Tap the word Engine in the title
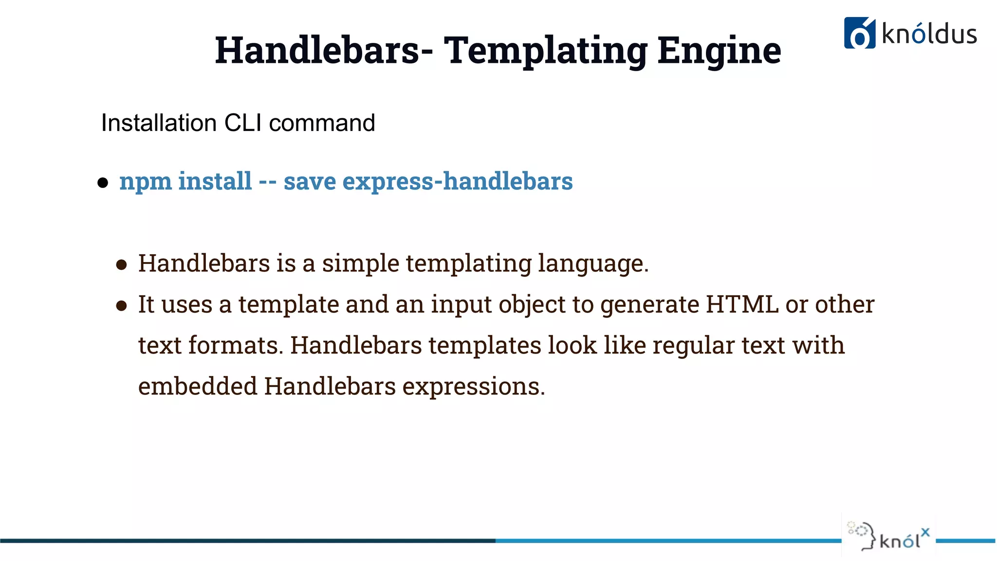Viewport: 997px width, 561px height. [x=719, y=51]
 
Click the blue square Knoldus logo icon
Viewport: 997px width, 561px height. [x=859, y=33]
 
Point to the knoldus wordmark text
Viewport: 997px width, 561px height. [x=929, y=34]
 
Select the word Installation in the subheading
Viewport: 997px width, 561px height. [x=159, y=123]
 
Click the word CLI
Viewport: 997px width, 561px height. [x=243, y=123]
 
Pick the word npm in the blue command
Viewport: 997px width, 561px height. [x=145, y=182]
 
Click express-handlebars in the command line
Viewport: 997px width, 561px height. [x=458, y=182]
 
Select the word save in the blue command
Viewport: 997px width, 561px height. [x=310, y=182]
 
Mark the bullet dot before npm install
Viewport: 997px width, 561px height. [x=103, y=183]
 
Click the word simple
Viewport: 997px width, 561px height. [x=360, y=264]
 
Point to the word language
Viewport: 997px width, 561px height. [x=592, y=264]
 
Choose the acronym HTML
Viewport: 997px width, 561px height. [x=742, y=304]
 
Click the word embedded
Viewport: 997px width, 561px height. [x=198, y=386]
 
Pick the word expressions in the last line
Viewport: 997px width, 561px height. [x=473, y=387]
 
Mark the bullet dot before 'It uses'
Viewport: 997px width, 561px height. [x=121, y=306]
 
